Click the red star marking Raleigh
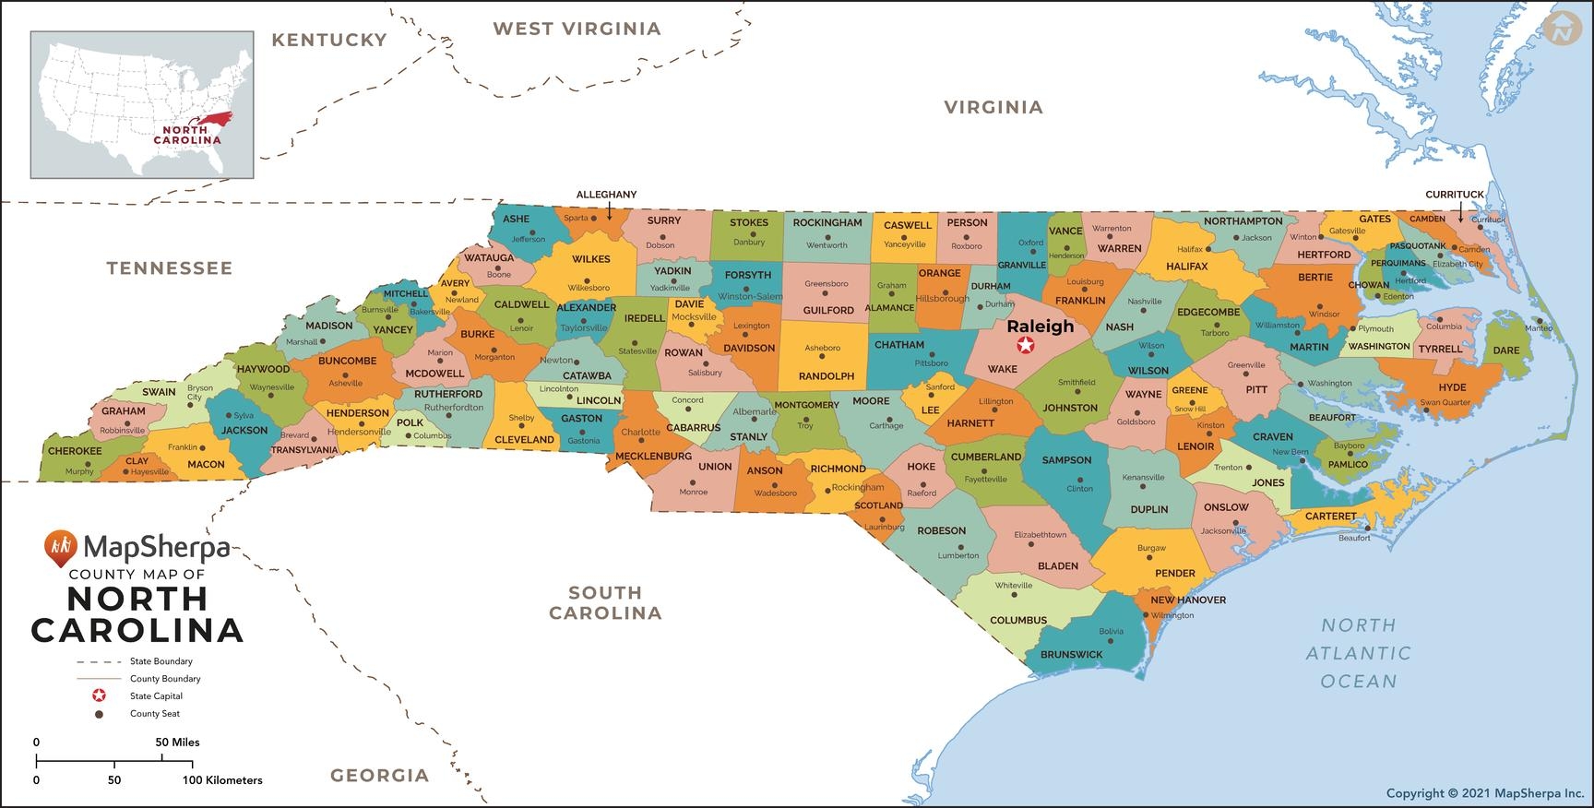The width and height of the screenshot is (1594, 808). pyautogui.click(x=1025, y=345)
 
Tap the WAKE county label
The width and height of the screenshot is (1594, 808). pyautogui.click(x=1002, y=369)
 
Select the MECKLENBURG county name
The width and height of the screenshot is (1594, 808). pyautogui.click(x=653, y=456)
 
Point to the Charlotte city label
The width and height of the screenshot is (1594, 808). pyautogui.click(x=640, y=432)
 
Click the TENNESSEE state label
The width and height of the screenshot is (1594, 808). pyautogui.click(x=169, y=268)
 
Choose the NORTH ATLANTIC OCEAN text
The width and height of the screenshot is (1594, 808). pyautogui.click(x=1358, y=653)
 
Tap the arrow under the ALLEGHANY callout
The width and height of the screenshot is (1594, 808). pyautogui.click(x=609, y=211)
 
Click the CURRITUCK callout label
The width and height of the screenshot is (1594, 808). pyautogui.click(x=1454, y=195)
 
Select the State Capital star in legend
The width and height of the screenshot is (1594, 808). pyautogui.click(x=99, y=695)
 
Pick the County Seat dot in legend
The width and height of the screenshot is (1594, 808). pyautogui.click(x=99, y=713)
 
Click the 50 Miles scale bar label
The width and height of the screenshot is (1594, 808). pyautogui.click(x=177, y=742)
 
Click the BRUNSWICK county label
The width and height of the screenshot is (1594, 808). pyautogui.click(x=1071, y=654)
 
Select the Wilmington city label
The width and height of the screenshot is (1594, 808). pyautogui.click(x=1172, y=615)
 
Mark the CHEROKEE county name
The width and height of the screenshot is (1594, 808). pyautogui.click(x=75, y=451)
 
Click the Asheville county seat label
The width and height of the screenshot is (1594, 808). pyautogui.click(x=346, y=384)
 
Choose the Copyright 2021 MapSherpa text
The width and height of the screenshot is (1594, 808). pyautogui.click(x=1483, y=792)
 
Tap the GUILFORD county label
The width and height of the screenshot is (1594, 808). pyautogui.click(x=827, y=310)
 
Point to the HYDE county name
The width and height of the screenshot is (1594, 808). pyautogui.click(x=1451, y=387)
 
